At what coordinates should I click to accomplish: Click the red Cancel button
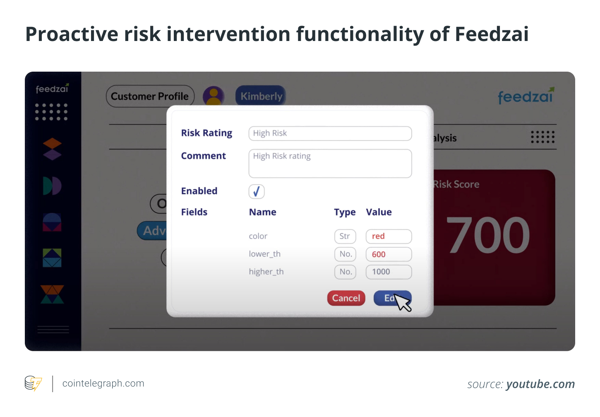[346, 298]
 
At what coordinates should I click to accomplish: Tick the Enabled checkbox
[257, 191]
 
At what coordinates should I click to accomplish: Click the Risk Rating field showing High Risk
[330, 133]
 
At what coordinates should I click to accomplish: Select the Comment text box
[330, 164]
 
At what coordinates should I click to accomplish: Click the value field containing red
[389, 236]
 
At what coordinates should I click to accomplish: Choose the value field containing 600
[389, 254]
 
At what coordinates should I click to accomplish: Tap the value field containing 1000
[389, 272]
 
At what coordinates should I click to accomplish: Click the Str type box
[345, 236]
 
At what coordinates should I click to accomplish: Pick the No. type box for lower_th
[345, 254]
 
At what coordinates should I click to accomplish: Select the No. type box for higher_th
[345, 272]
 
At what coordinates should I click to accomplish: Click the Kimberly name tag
[261, 96]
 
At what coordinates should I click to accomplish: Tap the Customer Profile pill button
[150, 96]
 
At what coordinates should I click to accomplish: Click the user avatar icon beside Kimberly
[214, 96]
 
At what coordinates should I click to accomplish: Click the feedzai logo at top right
[525, 96]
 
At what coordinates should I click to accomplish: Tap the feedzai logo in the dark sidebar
[52, 89]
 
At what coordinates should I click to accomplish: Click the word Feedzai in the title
[492, 34]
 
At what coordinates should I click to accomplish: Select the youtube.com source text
[540, 384]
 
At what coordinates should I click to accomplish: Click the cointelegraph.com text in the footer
[103, 383]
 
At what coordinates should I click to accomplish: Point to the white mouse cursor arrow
[402, 302]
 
